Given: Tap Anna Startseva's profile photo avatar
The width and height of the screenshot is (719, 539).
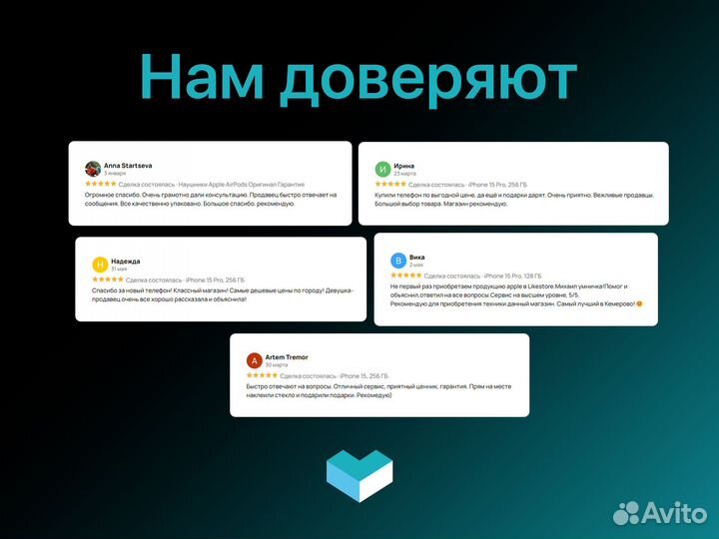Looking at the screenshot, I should (x=93, y=169).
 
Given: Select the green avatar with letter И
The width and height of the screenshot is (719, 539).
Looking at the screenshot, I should (x=382, y=169).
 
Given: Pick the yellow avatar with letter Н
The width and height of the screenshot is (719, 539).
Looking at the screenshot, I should (x=100, y=265).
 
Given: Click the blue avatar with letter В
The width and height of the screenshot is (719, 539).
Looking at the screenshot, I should (x=398, y=260).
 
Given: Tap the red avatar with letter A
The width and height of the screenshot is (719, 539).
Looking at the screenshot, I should (x=254, y=360).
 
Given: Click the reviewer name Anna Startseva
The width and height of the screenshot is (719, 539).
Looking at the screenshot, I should (x=128, y=164).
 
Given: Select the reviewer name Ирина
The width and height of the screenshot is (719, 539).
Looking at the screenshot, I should (x=404, y=165).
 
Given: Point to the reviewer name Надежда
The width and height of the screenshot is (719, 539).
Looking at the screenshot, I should (x=125, y=261).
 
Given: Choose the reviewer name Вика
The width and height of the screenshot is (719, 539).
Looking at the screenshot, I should (x=416, y=256).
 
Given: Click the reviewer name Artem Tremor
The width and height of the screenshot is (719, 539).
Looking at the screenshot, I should (x=287, y=356).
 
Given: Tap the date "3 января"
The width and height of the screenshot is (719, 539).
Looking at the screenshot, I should (x=115, y=174).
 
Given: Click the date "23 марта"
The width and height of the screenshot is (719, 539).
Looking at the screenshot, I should (x=404, y=174).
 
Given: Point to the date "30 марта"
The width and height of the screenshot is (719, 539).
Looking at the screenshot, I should (x=276, y=365).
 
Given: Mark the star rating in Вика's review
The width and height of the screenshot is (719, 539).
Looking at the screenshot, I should (x=405, y=274).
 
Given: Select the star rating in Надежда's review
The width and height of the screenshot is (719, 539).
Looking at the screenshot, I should (x=107, y=279).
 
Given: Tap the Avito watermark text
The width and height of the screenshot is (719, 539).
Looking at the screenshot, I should (x=673, y=513).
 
